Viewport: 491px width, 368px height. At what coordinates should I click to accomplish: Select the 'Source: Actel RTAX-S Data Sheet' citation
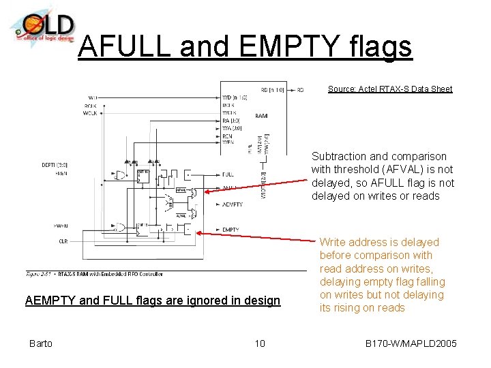coord(389,89)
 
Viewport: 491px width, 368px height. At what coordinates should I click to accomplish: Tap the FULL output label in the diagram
coord(228,174)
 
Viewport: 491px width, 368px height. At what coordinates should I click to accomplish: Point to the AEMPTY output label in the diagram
coord(233,204)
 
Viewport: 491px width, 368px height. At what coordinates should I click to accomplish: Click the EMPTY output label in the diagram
coord(230,230)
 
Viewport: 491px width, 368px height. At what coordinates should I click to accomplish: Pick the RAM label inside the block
coord(261,117)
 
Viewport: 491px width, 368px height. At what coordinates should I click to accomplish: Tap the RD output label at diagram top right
coord(300,89)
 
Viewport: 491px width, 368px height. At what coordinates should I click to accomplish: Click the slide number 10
coord(260,343)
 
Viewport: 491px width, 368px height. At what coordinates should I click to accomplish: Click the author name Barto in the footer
coord(40,343)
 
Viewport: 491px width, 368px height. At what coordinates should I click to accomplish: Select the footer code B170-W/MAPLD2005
coord(411,343)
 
